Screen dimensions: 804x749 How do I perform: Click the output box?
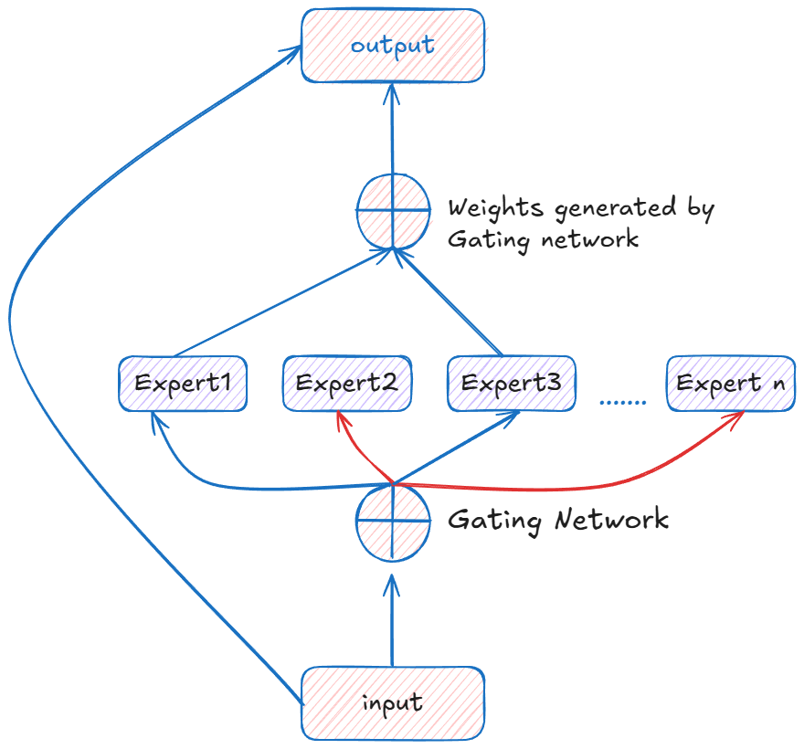[393, 46]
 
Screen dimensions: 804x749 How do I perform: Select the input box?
[393, 703]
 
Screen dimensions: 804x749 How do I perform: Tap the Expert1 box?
[183, 384]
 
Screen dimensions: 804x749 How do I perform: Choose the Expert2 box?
[347, 384]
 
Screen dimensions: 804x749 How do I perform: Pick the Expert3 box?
[512, 384]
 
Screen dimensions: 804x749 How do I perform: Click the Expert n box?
[731, 384]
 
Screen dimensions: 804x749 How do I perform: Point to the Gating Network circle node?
[393, 522]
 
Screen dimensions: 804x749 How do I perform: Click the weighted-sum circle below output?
[393, 211]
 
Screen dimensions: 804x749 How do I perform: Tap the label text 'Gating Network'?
[558, 521]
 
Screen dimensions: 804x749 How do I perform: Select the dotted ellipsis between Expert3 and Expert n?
[622, 403]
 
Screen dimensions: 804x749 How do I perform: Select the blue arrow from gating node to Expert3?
[456, 447]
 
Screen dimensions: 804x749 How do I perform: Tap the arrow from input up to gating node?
[392, 620]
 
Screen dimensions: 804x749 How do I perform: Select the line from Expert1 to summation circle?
[283, 302]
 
